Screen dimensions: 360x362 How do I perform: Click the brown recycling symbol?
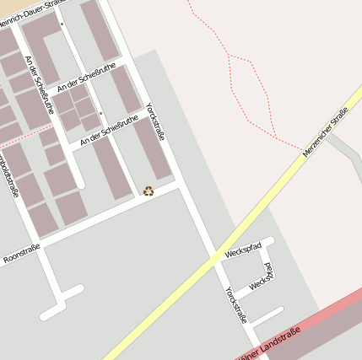[149, 191]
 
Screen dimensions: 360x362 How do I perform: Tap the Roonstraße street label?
[22, 252]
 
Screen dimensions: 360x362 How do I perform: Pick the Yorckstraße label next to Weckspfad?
[235, 305]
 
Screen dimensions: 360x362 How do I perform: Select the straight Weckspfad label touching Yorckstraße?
[243, 250]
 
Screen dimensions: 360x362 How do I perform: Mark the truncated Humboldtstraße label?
[8, 173]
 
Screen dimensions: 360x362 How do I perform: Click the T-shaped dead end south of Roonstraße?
[61, 302]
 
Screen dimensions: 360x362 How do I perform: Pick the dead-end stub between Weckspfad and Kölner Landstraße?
[267, 316]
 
